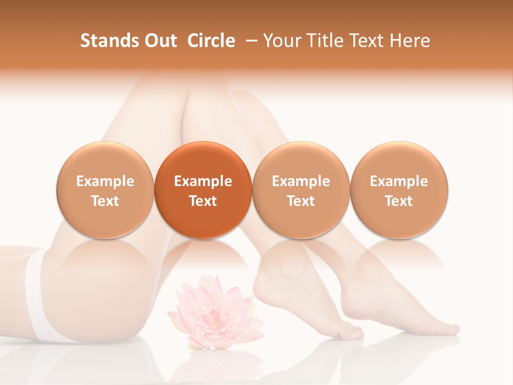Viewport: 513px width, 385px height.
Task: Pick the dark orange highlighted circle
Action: tap(203, 190)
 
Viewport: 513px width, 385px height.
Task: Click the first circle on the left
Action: tap(105, 190)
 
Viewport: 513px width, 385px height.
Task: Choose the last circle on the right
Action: tap(399, 190)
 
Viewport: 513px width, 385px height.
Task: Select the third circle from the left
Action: tap(301, 190)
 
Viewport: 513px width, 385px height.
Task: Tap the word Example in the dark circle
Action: tap(203, 181)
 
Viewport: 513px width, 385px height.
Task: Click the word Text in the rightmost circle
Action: tap(399, 201)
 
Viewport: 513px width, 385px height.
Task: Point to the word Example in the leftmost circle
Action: tap(105, 181)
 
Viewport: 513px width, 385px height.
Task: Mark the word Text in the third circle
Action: tap(301, 201)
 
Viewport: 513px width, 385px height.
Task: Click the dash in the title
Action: tap(249, 41)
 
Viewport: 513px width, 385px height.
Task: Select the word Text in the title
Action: tap(368, 41)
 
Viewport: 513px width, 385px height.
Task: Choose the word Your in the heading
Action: tap(279, 41)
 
